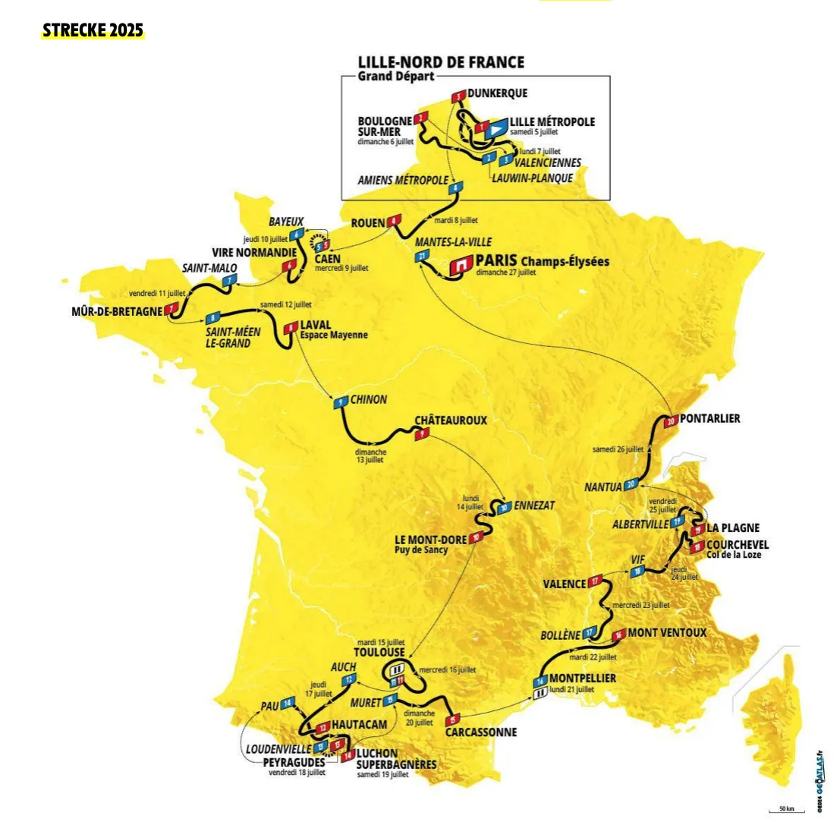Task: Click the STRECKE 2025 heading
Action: (93, 31)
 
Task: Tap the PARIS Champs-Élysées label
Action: (542, 261)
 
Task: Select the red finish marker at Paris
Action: (460, 266)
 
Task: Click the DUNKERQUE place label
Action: (497, 93)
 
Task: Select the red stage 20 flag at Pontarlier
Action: (670, 420)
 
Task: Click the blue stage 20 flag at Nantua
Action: (630, 485)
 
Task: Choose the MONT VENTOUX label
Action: (667, 632)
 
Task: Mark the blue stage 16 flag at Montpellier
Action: (540, 681)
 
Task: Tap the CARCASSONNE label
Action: (481, 732)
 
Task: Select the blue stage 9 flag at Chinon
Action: (341, 402)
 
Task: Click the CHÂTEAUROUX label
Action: (450, 420)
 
